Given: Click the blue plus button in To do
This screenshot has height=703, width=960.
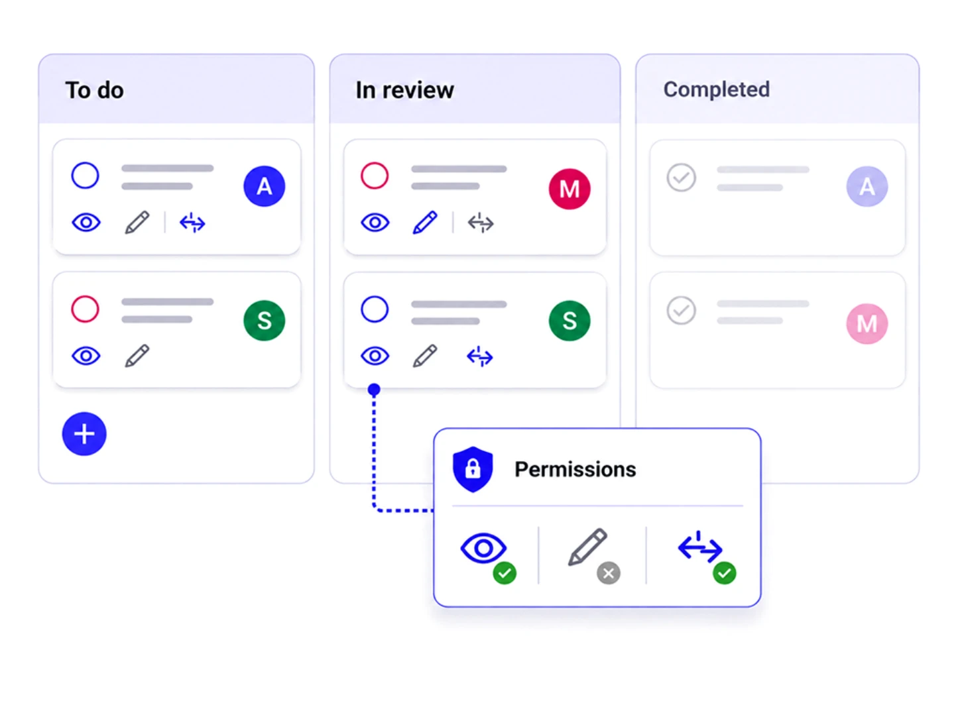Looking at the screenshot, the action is click(x=84, y=434).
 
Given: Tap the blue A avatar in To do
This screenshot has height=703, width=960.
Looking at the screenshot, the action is click(x=265, y=186).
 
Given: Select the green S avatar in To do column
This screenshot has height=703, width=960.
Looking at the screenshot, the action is click(x=265, y=321).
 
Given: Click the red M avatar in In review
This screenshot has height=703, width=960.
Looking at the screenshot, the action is click(x=570, y=189).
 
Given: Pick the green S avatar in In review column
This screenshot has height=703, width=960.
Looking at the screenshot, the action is click(x=570, y=321).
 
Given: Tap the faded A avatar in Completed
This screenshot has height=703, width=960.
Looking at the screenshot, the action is click(x=867, y=186).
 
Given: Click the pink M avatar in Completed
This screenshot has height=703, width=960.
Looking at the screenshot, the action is click(x=867, y=323).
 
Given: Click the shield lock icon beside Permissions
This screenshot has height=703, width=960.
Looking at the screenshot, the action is click(x=473, y=470).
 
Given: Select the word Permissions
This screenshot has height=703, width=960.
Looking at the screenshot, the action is click(x=575, y=470).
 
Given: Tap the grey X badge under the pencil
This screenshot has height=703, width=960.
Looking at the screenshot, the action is click(x=609, y=573).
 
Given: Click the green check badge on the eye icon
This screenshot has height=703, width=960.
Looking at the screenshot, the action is click(x=505, y=573).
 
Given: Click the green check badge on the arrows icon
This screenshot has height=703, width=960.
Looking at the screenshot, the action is click(x=725, y=573).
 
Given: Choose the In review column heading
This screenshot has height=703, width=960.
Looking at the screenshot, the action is click(x=404, y=90).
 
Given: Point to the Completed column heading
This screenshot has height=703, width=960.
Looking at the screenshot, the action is click(x=717, y=89).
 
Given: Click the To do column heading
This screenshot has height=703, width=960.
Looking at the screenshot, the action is click(x=94, y=90).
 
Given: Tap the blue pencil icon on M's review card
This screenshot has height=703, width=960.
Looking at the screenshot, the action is click(x=425, y=223).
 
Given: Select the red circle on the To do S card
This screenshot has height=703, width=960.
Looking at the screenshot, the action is click(x=85, y=309).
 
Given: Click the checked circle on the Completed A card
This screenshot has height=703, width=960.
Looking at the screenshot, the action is click(x=681, y=178).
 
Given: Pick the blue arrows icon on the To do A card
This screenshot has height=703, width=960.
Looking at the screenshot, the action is click(x=192, y=223).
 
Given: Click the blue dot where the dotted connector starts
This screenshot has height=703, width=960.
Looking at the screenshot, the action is click(x=374, y=390).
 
